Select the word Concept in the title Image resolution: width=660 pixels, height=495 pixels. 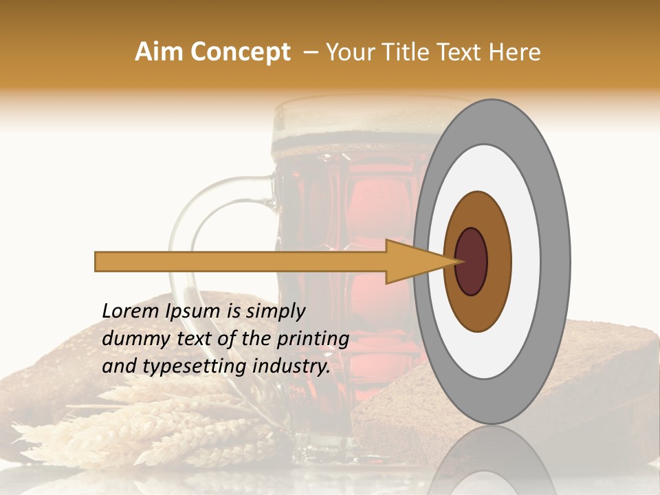tap(240, 52)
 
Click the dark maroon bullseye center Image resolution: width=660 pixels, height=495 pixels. tap(472, 261)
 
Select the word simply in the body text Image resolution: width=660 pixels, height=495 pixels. tap(275, 311)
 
